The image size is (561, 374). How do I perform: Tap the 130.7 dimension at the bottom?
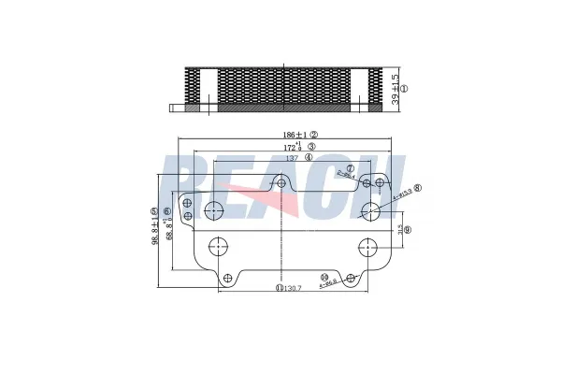(x=294, y=288)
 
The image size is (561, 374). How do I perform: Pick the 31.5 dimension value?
(x=399, y=229)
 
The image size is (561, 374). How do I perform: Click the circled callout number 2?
(x=314, y=134)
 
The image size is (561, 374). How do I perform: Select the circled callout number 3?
(x=310, y=147)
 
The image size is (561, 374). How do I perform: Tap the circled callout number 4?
(x=308, y=158)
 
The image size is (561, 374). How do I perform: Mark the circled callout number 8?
(x=417, y=188)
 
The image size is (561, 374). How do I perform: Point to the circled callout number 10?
(x=324, y=278)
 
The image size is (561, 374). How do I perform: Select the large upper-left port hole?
(x=215, y=209)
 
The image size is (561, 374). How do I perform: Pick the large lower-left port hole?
(x=220, y=248)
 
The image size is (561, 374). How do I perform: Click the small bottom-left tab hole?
(x=226, y=277)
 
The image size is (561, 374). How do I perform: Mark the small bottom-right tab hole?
(x=350, y=278)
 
